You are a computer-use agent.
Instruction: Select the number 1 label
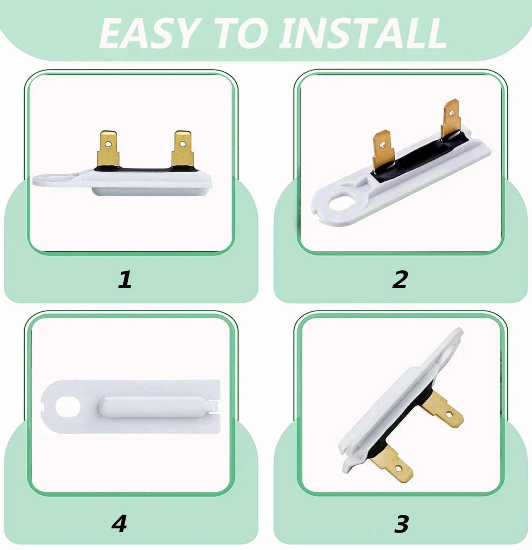(x=125, y=279)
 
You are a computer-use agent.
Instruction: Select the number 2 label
(x=400, y=280)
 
